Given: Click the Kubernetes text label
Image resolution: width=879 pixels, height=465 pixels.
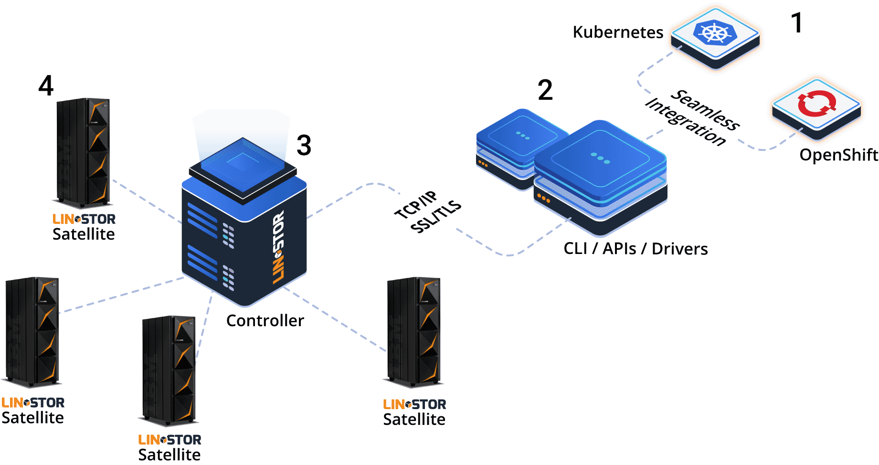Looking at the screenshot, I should click(618, 32).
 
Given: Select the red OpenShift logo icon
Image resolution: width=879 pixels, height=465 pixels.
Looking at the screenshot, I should click(816, 104).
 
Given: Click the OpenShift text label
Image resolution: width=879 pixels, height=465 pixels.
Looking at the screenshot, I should click(838, 155).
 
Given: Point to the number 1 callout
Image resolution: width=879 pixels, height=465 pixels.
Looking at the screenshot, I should click(796, 23).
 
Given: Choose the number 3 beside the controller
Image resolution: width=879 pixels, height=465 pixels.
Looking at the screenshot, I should click(304, 145).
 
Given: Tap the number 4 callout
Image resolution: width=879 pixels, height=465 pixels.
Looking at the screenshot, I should click(46, 86).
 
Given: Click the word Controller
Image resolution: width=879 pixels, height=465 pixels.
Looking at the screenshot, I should click(265, 320).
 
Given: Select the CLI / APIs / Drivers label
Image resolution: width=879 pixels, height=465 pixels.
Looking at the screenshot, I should click(635, 249).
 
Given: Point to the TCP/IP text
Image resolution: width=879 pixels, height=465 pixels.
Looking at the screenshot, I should click(416, 205).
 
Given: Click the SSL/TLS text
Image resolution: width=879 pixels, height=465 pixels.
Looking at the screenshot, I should click(436, 217).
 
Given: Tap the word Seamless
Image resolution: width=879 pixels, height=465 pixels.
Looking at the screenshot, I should click(706, 110).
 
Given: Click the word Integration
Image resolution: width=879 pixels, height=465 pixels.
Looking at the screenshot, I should click(686, 122).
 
